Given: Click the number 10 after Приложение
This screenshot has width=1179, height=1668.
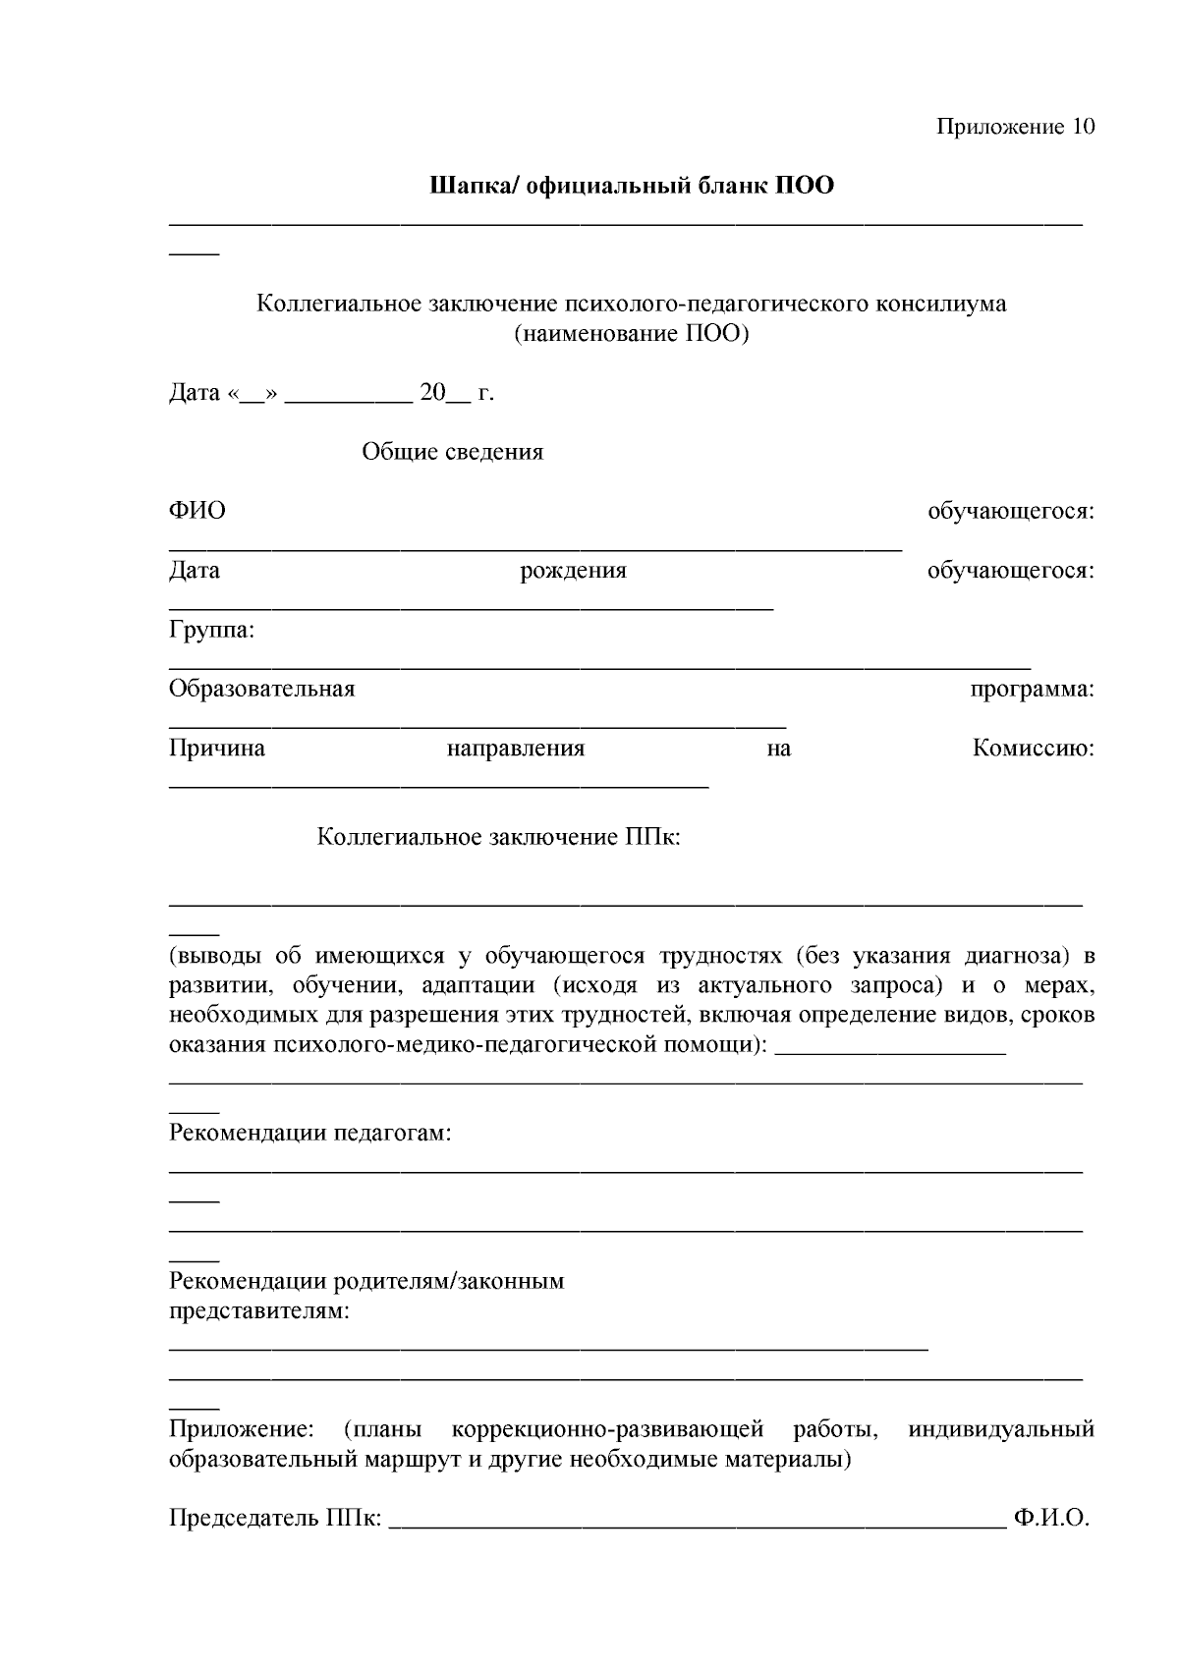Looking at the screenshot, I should (1080, 127).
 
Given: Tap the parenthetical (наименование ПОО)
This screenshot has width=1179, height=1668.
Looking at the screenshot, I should (631, 333).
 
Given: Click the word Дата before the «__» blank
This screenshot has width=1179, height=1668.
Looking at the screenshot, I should (195, 393).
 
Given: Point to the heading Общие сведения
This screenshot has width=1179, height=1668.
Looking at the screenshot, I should (452, 452).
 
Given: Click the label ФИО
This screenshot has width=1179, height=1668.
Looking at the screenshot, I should (196, 511).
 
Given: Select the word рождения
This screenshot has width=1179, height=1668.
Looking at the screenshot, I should (573, 571).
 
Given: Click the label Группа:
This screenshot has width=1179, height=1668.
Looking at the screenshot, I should (211, 630).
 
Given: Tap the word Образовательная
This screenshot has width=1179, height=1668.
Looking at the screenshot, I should (261, 689).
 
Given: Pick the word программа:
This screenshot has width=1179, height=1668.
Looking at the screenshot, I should (1032, 689).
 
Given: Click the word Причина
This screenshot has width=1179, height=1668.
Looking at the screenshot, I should (216, 749).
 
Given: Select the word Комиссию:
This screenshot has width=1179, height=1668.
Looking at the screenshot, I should (1033, 749).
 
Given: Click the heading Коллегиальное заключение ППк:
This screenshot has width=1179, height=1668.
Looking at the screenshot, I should (498, 837).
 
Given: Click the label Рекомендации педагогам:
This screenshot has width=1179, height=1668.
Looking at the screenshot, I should (310, 1133).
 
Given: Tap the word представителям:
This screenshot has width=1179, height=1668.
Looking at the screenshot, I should (259, 1310).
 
